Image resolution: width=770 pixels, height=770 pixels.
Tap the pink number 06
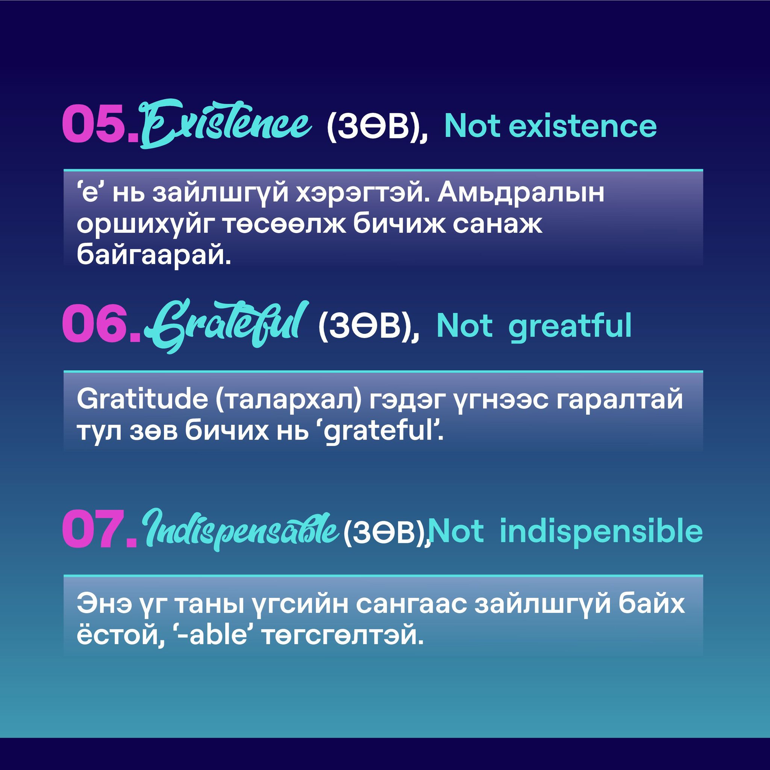coord(102,324)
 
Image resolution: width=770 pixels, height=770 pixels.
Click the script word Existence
coord(226,124)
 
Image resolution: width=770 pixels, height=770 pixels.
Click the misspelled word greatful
coord(570,327)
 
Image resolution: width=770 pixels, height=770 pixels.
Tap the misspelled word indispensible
coord(601,532)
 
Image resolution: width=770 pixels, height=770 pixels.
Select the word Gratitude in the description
coord(142,399)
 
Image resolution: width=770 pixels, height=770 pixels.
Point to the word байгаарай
coord(154,255)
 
